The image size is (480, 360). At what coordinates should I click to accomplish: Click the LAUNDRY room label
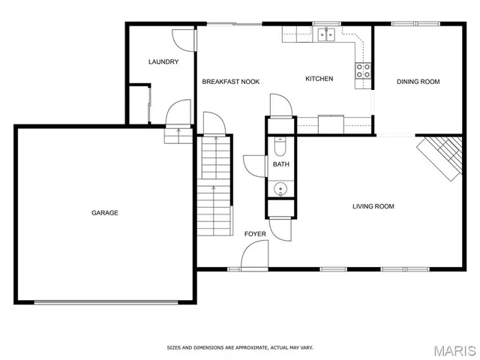pos(163,61)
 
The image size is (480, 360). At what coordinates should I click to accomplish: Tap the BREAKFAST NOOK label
pos(231,81)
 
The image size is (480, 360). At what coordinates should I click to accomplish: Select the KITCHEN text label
pos(319,79)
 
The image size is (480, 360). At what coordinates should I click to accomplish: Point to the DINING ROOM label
pos(418,82)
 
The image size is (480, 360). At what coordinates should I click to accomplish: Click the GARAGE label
pos(104,213)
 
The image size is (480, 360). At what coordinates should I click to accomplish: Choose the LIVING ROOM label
pos(373,206)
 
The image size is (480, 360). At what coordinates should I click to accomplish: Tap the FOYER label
pos(255,234)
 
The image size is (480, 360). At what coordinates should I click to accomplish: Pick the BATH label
pos(280,164)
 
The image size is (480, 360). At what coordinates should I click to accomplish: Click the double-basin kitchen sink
pos(326,33)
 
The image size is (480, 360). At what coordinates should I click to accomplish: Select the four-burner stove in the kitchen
pos(363,71)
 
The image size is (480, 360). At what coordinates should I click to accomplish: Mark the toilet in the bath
pos(280,145)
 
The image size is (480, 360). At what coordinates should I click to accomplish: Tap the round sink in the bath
pos(280,188)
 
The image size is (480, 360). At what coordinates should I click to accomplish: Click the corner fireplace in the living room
pos(441,157)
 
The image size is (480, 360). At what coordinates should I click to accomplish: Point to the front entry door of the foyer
pos(253,259)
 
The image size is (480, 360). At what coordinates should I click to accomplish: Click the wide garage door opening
pos(106,302)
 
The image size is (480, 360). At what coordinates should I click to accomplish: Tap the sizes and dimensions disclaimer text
pos(239,347)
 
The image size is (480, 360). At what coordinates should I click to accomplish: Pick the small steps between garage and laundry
pos(177,135)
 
